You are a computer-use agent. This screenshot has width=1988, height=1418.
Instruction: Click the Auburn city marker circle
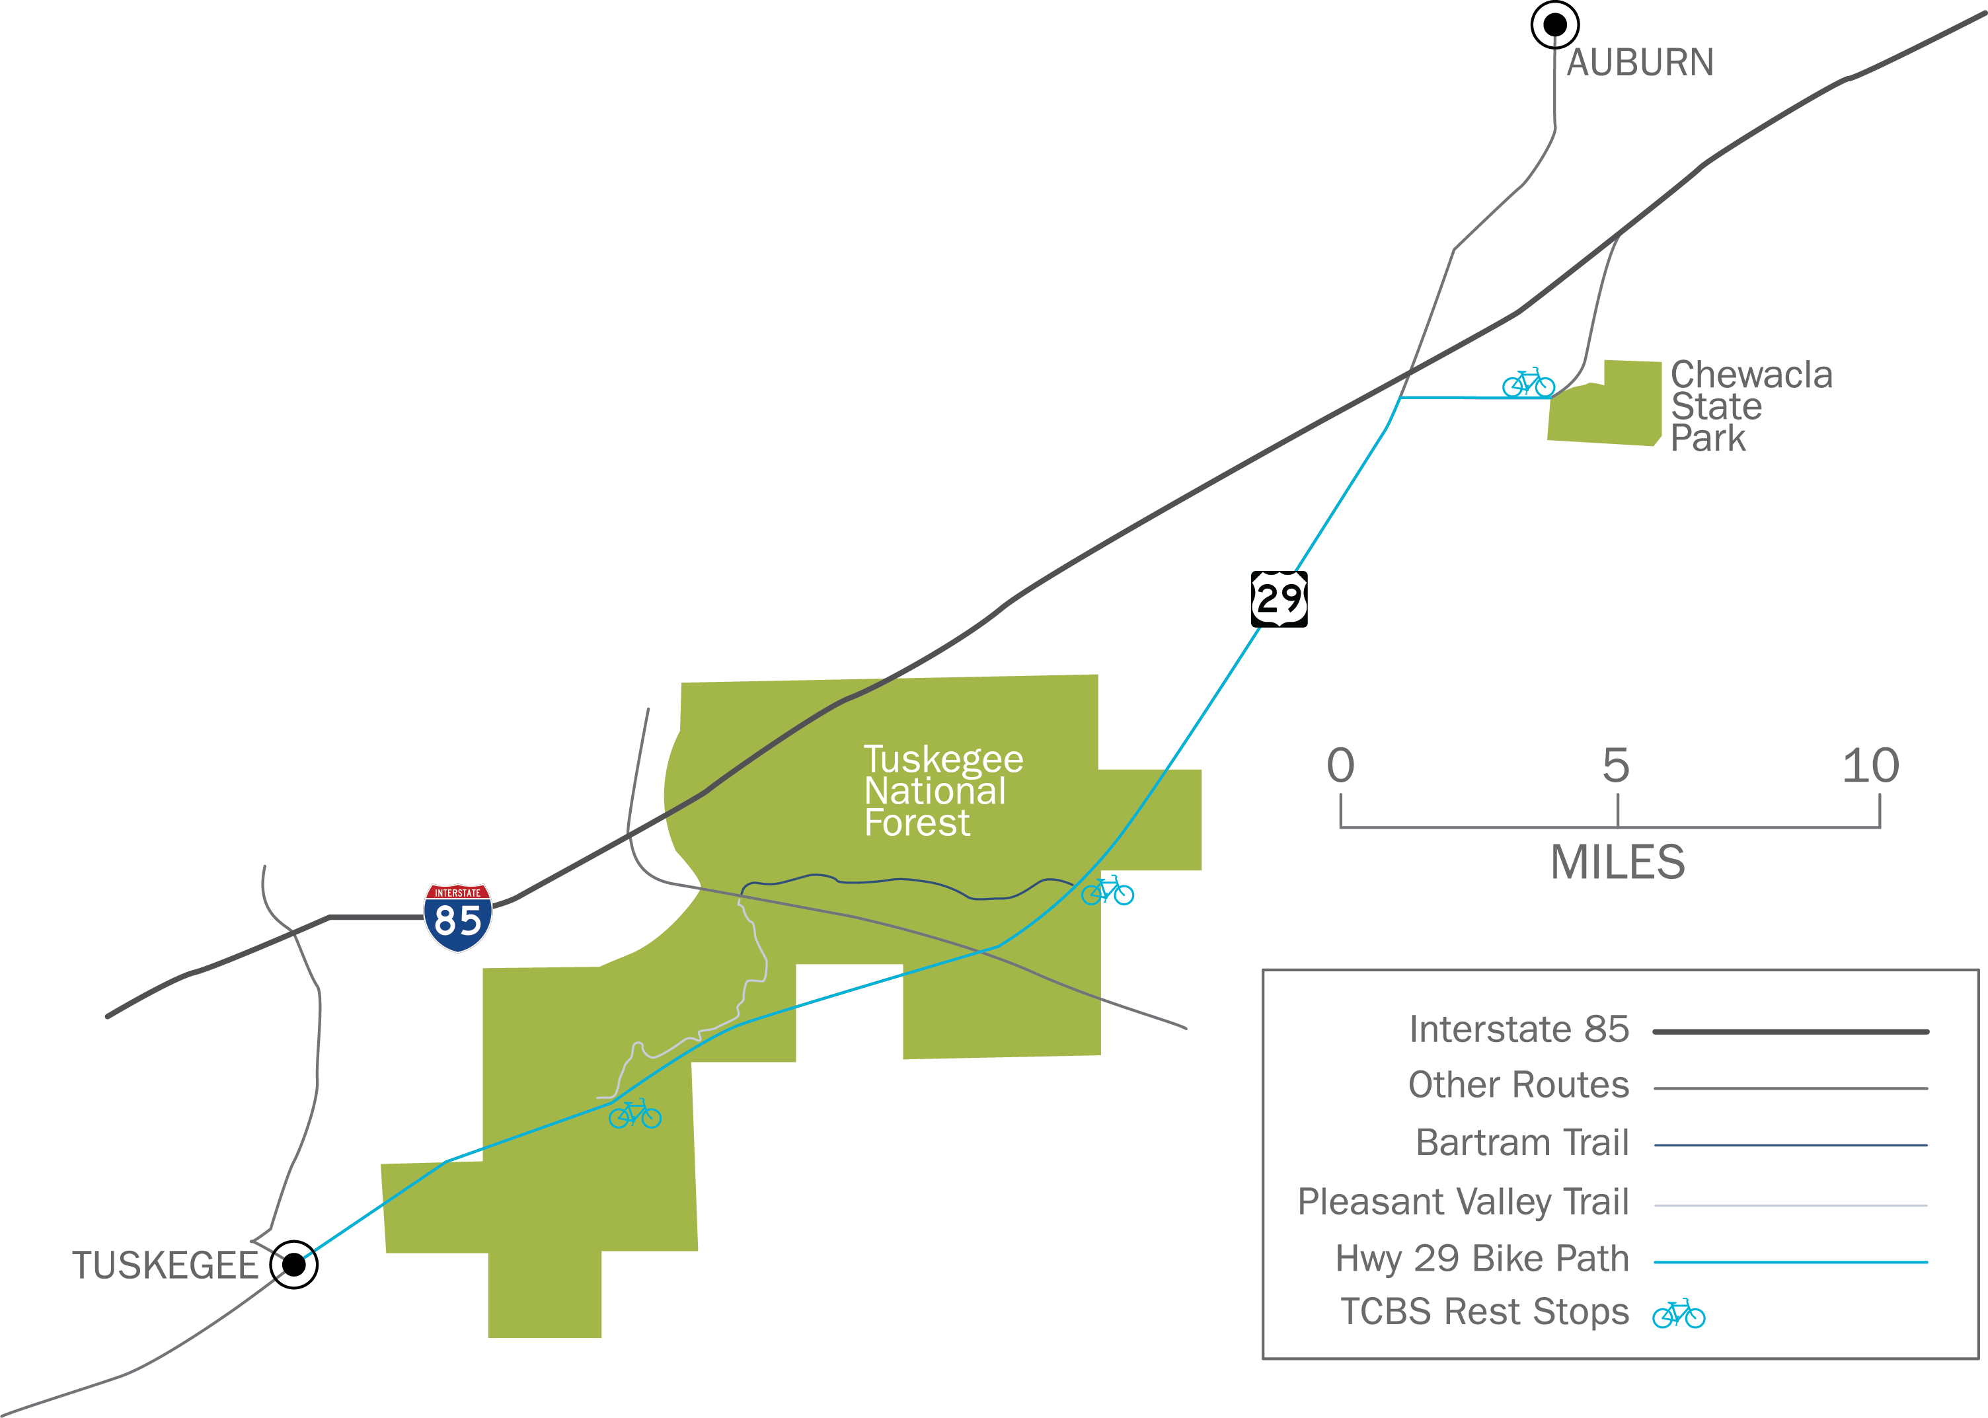tap(1554, 24)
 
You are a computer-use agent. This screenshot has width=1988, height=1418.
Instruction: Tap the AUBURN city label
tap(1640, 63)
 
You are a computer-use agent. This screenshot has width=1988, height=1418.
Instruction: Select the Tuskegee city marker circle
tap(294, 1263)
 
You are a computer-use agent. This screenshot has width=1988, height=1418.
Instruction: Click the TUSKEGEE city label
tap(165, 1265)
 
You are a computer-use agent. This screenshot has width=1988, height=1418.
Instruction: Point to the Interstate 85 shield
tap(457, 917)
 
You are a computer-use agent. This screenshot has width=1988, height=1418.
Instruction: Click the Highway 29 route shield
tap(1279, 599)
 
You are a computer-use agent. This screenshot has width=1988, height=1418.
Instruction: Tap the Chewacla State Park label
tap(1751, 406)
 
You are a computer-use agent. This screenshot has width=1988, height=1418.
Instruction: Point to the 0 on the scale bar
tap(1340, 766)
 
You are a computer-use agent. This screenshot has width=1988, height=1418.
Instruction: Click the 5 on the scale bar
tap(1615, 766)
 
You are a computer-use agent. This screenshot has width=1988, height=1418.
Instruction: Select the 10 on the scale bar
tap(1870, 766)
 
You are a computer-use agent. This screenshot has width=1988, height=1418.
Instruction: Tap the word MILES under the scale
tap(1617, 863)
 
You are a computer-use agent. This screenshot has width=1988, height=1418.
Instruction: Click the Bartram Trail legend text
tap(1522, 1142)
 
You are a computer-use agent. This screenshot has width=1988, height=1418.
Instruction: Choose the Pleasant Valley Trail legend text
tap(1463, 1201)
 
